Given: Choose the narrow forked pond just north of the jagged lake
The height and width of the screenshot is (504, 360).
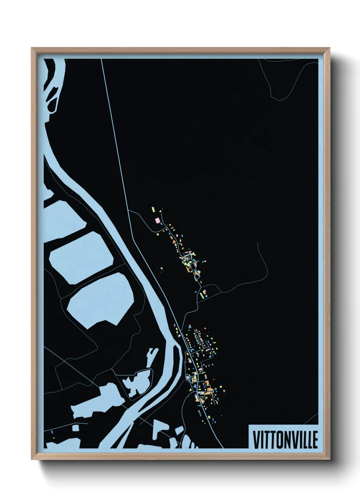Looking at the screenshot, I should point(151,354).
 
